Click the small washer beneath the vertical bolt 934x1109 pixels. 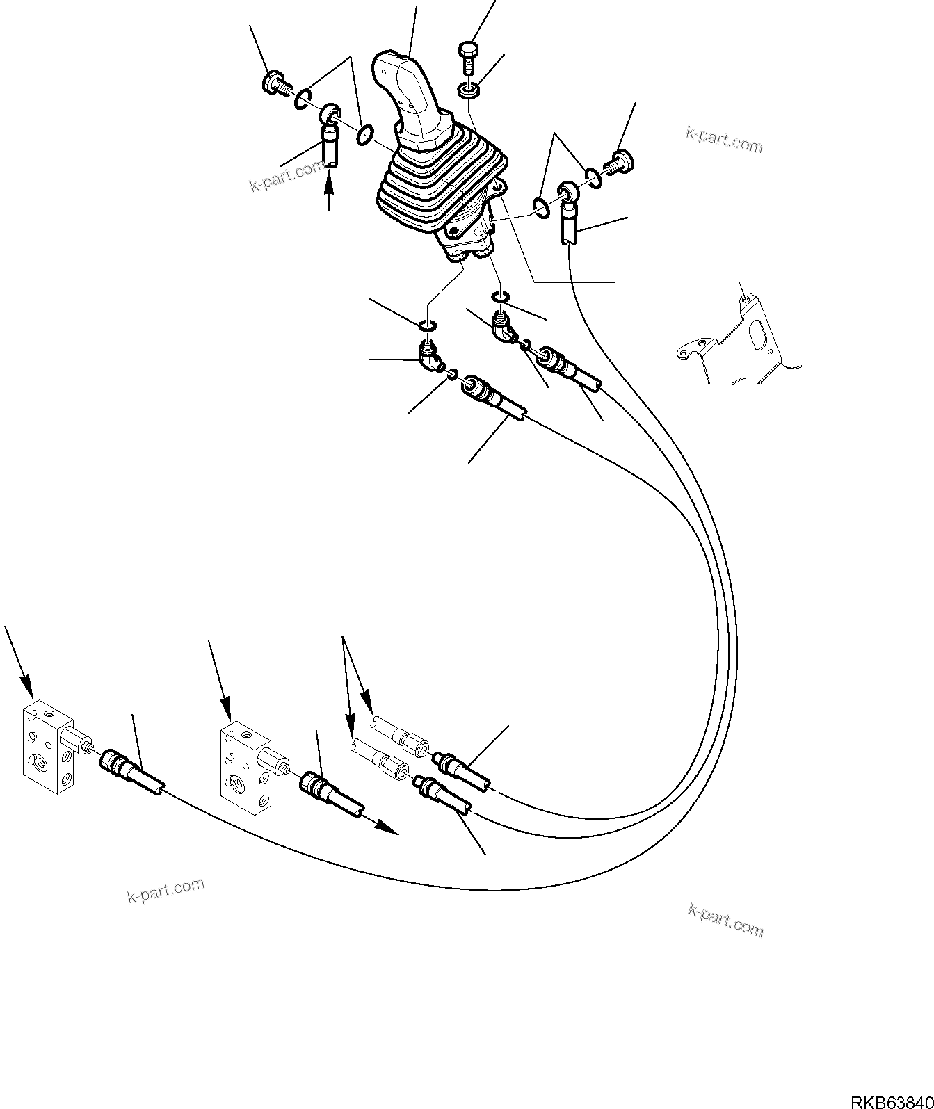(x=469, y=90)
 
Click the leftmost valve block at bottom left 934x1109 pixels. (x=45, y=747)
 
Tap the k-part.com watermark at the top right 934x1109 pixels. (x=723, y=140)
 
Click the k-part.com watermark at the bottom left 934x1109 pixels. (x=166, y=889)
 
